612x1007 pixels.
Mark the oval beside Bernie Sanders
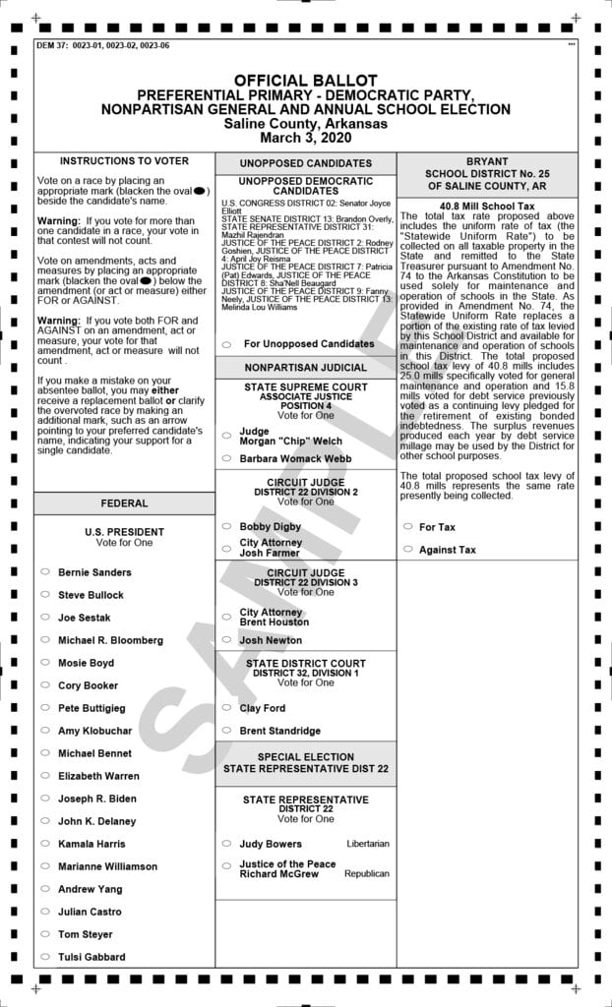pyautogui.click(x=44, y=571)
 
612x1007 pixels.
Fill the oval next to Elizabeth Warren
pyautogui.click(x=44, y=776)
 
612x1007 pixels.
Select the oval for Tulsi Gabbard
pyautogui.click(x=44, y=957)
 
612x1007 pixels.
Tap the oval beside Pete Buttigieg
pyautogui.click(x=44, y=708)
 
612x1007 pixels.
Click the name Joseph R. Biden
pyautogui.click(x=96, y=799)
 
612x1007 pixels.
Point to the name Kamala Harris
pyautogui.click(x=92, y=844)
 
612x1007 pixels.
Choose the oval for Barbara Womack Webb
pyautogui.click(x=227, y=458)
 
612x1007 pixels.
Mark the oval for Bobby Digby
pyautogui.click(x=227, y=527)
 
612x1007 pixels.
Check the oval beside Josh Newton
pyautogui.click(x=227, y=640)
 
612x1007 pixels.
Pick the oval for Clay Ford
pyautogui.click(x=227, y=708)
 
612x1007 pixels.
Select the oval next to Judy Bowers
pyautogui.click(x=227, y=844)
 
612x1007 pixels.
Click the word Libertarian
pyautogui.click(x=368, y=844)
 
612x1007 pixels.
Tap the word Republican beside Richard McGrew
pyautogui.click(x=367, y=873)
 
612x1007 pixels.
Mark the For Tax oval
pyautogui.click(x=407, y=527)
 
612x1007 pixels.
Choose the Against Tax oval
pyautogui.click(x=407, y=550)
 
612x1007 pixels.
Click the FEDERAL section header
pyautogui.click(x=124, y=503)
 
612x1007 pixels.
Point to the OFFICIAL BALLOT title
pyautogui.click(x=305, y=80)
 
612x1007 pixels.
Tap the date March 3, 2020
pyautogui.click(x=305, y=138)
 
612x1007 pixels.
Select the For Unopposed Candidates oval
pyautogui.click(x=227, y=344)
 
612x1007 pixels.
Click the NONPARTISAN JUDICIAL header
pyautogui.click(x=305, y=368)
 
